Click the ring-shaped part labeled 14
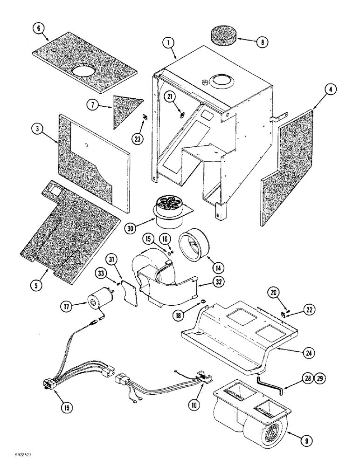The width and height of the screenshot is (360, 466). pyautogui.click(x=192, y=245)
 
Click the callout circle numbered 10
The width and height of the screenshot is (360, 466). pyautogui.click(x=194, y=405)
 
